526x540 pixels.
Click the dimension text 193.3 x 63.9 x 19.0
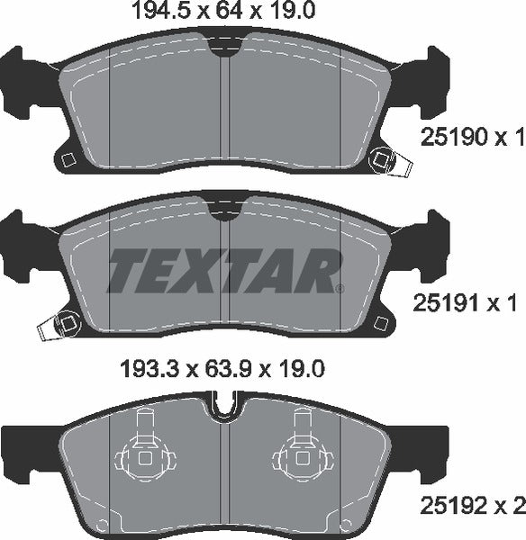point(222,368)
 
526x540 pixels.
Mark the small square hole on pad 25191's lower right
point(382,322)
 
